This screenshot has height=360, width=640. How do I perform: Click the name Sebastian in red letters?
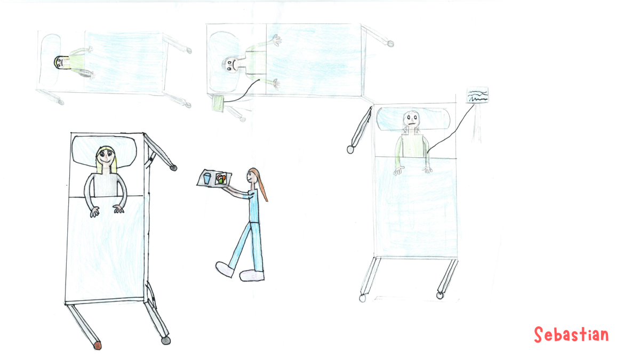[x=571, y=334]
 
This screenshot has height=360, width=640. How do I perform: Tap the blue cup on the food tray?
[x=207, y=178]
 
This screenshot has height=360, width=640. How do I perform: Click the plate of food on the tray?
[x=221, y=179]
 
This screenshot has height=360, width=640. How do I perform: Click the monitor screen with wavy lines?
[x=477, y=95]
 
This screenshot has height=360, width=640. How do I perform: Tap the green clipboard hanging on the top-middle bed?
[x=219, y=103]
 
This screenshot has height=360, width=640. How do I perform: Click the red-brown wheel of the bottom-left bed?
[x=98, y=346]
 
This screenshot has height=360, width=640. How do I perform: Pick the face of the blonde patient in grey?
[x=106, y=158]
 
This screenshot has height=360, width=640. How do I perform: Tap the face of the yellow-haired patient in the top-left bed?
[x=60, y=62]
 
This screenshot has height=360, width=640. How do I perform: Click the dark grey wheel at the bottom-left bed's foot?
[x=166, y=341]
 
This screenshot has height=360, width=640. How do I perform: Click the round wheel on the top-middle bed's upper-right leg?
[x=390, y=44]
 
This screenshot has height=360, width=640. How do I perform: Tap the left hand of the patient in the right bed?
[x=398, y=171]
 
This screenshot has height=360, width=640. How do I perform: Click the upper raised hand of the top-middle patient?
[x=277, y=41]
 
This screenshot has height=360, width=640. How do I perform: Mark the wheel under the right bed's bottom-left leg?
[x=362, y=298]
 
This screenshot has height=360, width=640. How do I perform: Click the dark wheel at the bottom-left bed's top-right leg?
[x=173, y=168]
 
